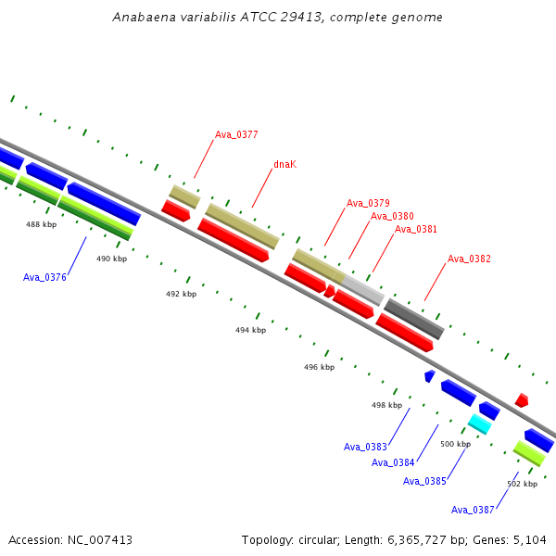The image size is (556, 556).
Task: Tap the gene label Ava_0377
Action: (236, 134)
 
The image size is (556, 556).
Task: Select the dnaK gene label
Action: (285, 164)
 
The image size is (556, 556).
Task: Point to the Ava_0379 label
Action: (368, 203)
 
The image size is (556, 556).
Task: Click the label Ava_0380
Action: (392, 216)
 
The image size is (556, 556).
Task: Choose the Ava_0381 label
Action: (415, 229)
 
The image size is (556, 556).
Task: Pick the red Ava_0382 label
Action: (469, 259)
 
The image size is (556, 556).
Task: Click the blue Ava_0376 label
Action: (44, 277)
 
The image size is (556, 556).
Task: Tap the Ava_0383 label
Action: (365, 447)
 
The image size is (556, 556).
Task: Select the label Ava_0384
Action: (393, 462)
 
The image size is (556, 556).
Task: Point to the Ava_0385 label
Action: (424, 481)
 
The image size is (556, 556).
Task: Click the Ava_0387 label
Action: (473, 510)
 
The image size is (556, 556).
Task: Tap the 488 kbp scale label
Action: (41, 224)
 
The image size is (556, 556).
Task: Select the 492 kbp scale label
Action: (182, 294)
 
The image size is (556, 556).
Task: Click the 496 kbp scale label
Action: (319, 367)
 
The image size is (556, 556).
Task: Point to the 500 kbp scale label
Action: (456, 444)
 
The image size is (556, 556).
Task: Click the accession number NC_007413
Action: (100, 540)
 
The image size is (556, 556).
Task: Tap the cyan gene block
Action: (480, 423)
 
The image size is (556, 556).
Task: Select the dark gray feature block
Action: (414, 319)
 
